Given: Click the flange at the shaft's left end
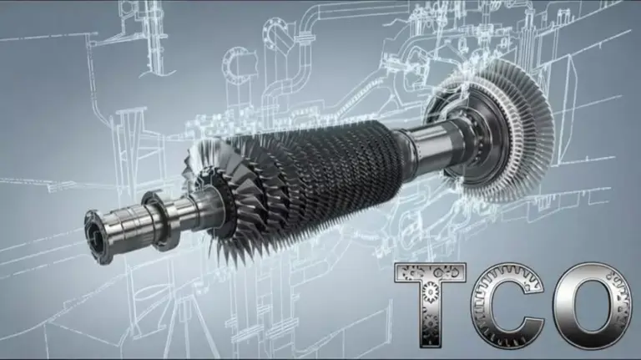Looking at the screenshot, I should [x=98, y=234].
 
